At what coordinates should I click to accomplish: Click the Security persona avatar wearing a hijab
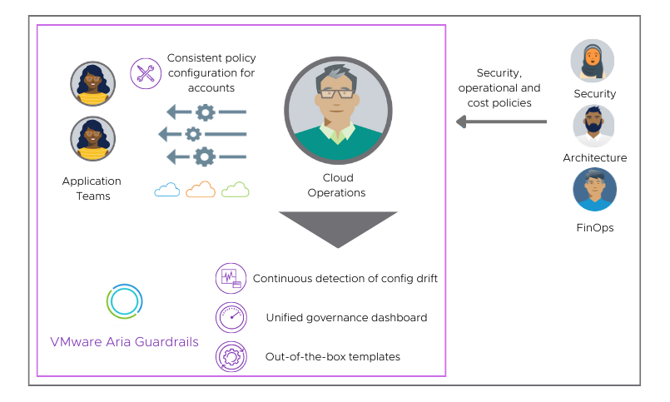point(593,62)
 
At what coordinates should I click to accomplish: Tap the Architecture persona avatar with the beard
point(593,126)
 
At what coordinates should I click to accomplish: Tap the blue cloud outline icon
point(167,190)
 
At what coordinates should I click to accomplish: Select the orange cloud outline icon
point(201,190)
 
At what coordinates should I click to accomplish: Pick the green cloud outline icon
point(235,190)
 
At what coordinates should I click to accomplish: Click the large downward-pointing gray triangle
point(338,227)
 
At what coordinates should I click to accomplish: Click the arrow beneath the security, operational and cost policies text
point(500,122)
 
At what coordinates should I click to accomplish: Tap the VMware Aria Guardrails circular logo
point(125,301)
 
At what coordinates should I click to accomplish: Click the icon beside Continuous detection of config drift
point(231,279)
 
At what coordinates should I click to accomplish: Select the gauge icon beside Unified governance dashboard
point(231,317)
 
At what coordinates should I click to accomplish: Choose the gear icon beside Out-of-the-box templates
point(231,356)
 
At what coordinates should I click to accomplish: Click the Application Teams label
point(92,188)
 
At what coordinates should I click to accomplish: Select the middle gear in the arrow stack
point(193,134)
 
